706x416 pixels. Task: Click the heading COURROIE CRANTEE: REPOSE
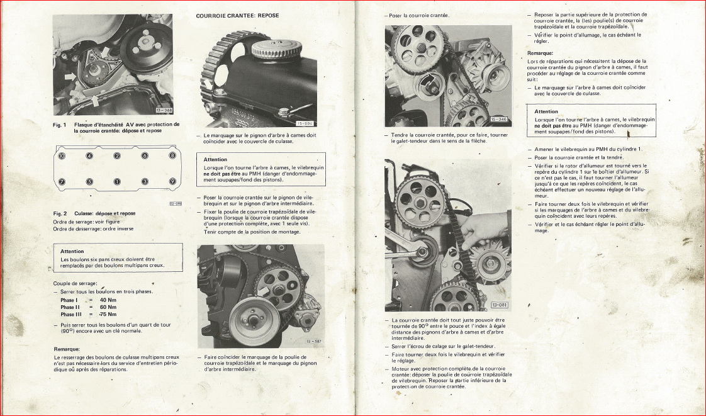click(x=237, y=16)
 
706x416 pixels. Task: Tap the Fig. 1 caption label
click(x=60, y=125)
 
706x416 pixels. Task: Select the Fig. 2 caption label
click(x=60, y=213)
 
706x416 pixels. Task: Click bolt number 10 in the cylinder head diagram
click(x=62, y=156)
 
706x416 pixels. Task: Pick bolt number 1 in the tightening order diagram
click(x=117, y=182)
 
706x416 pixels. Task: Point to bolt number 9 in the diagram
click(x=172, y=181)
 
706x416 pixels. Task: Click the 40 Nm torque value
click(x=108, y=300)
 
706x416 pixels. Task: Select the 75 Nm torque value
click(x=108, y=314)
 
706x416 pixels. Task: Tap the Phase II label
click(x=70, y=307)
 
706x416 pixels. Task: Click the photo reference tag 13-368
click(x=164, y=110)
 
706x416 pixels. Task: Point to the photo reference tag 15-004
click(x=305, y=123)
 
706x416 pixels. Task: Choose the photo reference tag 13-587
click(x=314, y=341)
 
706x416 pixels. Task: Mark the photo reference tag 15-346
click(x=499, y=120)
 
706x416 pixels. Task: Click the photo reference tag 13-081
click(x=500, y=305)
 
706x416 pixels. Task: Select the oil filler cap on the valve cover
click(x=270, y=48)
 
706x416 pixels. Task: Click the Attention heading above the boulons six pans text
click(x=72, y=251)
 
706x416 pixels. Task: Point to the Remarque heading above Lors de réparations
click(x=541, y=53)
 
